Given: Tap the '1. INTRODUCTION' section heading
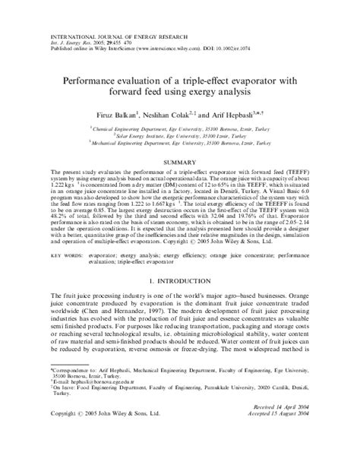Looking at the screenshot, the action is coord(181,281).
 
